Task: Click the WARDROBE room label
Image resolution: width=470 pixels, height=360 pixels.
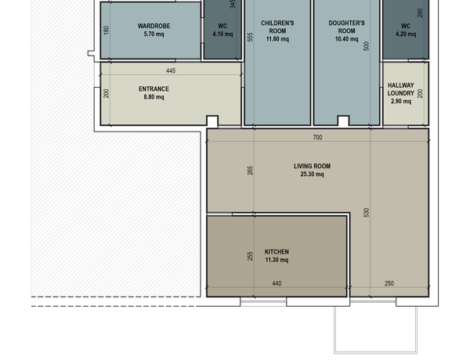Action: point(154,26)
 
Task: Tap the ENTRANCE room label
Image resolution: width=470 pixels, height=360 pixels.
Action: point(154,89)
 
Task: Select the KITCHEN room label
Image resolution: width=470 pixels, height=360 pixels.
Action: point(277,252)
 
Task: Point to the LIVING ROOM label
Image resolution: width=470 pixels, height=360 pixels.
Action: point(312,166)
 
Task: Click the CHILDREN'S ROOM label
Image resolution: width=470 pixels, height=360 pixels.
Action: point(277,27)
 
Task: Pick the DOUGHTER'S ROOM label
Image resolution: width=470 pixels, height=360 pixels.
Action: point(346,27)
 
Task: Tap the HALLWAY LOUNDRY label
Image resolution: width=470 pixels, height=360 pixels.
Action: point(401,89)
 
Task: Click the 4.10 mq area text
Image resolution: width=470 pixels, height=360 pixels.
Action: point(222,34)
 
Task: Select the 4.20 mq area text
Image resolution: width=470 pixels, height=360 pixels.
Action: point(406,34)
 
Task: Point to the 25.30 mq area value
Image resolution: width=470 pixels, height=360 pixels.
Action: point(312,175)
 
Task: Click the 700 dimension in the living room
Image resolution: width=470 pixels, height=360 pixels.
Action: point(317,137)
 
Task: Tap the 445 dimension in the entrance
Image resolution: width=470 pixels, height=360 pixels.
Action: point(171,70)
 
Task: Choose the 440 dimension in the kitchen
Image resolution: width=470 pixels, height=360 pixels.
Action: point(277,283)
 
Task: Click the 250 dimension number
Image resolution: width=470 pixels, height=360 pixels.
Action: point(389,283)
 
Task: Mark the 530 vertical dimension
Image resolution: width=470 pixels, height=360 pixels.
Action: point(367,213)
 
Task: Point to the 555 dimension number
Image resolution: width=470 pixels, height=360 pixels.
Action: point(251,37)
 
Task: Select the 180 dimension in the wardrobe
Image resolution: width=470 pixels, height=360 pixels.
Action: point(106,31)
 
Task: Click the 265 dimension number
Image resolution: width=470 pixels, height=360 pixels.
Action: point(251,171)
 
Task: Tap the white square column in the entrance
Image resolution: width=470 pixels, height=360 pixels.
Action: point(212,121)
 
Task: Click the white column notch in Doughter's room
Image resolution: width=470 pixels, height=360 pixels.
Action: point(344,121)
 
